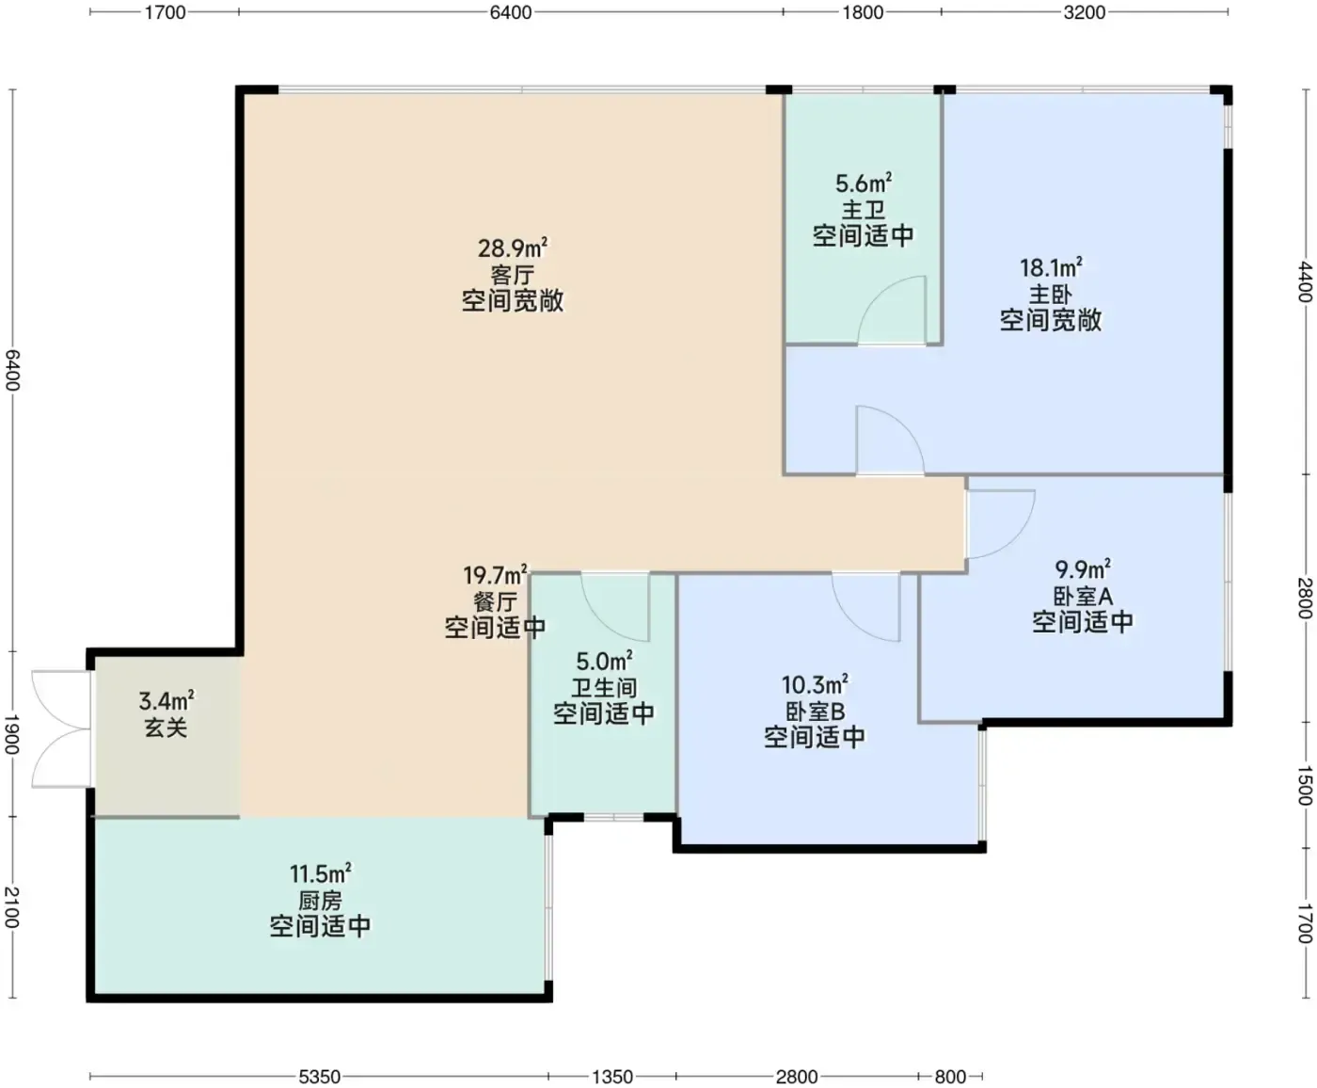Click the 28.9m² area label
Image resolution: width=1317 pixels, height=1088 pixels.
(512, 248)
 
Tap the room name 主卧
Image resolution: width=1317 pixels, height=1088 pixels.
(1050, 294)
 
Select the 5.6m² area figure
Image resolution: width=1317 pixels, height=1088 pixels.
(864, 183)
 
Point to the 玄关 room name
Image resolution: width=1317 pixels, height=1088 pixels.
(166, 728)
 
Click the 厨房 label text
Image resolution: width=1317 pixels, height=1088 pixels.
(321, 900)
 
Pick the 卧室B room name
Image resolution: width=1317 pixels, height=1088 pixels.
(815, 712)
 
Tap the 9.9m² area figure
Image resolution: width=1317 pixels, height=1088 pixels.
(1083, 569)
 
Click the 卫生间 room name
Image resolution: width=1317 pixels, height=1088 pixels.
(604, 687)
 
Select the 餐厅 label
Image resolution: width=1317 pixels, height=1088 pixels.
(495, 601)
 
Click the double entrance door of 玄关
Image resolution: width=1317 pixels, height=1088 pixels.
(62, 728)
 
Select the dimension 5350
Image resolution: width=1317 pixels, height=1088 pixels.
(319, 1077)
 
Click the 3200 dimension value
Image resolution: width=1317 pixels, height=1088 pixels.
(1085, 12)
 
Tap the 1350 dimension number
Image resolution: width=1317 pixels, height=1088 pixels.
(611, 1077)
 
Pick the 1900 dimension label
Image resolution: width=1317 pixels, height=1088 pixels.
(12, 735)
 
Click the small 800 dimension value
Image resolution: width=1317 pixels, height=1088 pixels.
(950, 1077)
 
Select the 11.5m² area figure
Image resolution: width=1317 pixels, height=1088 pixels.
(321, 874)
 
